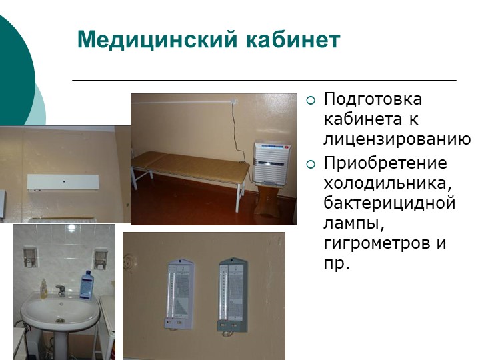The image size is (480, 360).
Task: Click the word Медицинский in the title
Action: tap(157, 39)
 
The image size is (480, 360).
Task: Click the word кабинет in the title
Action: tap(293, 39)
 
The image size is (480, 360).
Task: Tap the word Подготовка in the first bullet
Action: tap(373, 99)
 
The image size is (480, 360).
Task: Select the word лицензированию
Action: tap(397, 139)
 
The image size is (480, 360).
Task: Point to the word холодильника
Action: tap(388, 183)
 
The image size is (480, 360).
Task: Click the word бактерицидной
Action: tap(389, 203)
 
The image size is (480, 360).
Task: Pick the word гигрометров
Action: tap(377, 243)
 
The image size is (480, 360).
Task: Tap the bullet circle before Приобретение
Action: tap(311, 165)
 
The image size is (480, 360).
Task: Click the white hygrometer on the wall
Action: tap(179, 294)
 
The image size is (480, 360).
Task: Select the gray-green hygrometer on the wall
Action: tap(233, 295)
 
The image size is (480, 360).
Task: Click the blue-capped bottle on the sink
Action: tap(87, 285)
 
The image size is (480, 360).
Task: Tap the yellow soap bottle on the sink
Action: tap(44, 288)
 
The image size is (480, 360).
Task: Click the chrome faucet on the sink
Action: tap(61, 291)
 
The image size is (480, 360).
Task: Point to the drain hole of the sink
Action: tap(60, 321)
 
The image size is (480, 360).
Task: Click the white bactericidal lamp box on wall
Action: tap(63, 183)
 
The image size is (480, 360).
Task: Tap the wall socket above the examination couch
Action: tap(233, 101)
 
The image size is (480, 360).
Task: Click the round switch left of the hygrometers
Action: tap(129, 263)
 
